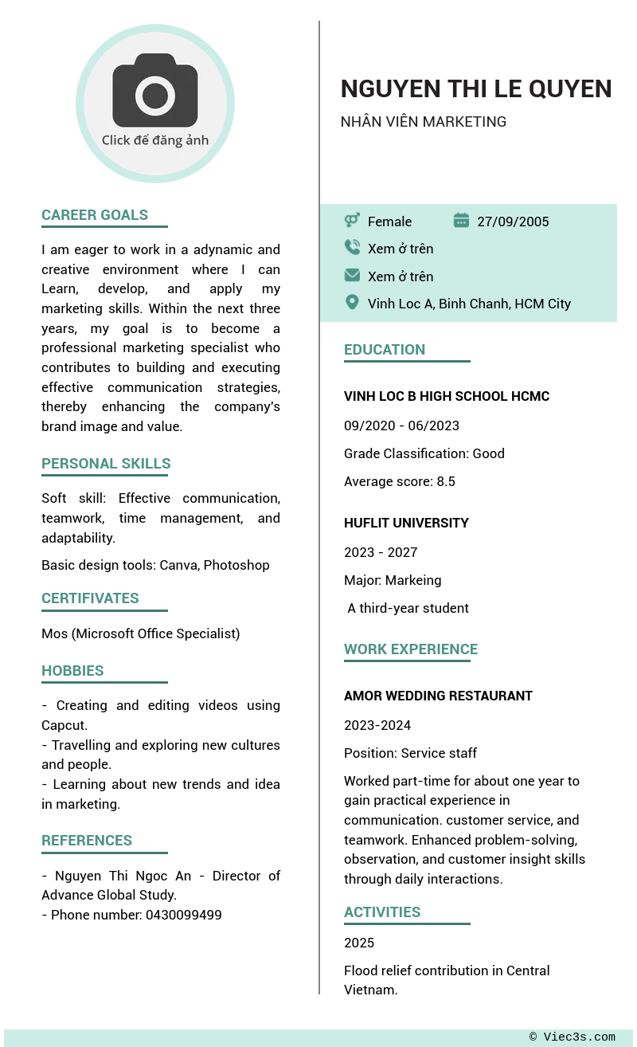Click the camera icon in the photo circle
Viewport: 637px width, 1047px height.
click(x=154, y=92)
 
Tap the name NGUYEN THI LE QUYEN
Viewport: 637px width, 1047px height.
click(x=475, y=88)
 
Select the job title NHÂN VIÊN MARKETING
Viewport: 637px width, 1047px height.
click(x=423, y=122)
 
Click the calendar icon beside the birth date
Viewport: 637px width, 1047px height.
click(x=461, y=221)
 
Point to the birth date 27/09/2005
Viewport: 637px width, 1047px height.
click(x=513, y=222)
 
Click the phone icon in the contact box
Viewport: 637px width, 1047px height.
click(x=352, y=248)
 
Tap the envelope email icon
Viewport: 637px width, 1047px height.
click(x=352, y=276)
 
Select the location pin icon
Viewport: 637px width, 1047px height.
click(x=352, y=303)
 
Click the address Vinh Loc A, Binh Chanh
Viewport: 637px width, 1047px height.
click(x=469, y=304)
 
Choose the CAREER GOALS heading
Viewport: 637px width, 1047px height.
click(x=95, y=215)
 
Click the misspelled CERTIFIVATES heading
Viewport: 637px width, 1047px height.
click(x=90, y=598)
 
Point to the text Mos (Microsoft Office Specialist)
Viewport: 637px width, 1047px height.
click(x=140, y=633)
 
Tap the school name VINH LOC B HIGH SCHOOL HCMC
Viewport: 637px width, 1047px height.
click(x=447, y=396)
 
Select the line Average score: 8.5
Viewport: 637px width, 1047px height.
click(x=400, y=481)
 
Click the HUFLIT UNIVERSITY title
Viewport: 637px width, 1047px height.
click(x=406, y=523)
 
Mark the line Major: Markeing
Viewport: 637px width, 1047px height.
click(x=393, y=580)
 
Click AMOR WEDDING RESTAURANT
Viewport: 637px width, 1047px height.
click(x=438, y=696)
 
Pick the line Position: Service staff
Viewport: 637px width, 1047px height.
click(x=410, y=753)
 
